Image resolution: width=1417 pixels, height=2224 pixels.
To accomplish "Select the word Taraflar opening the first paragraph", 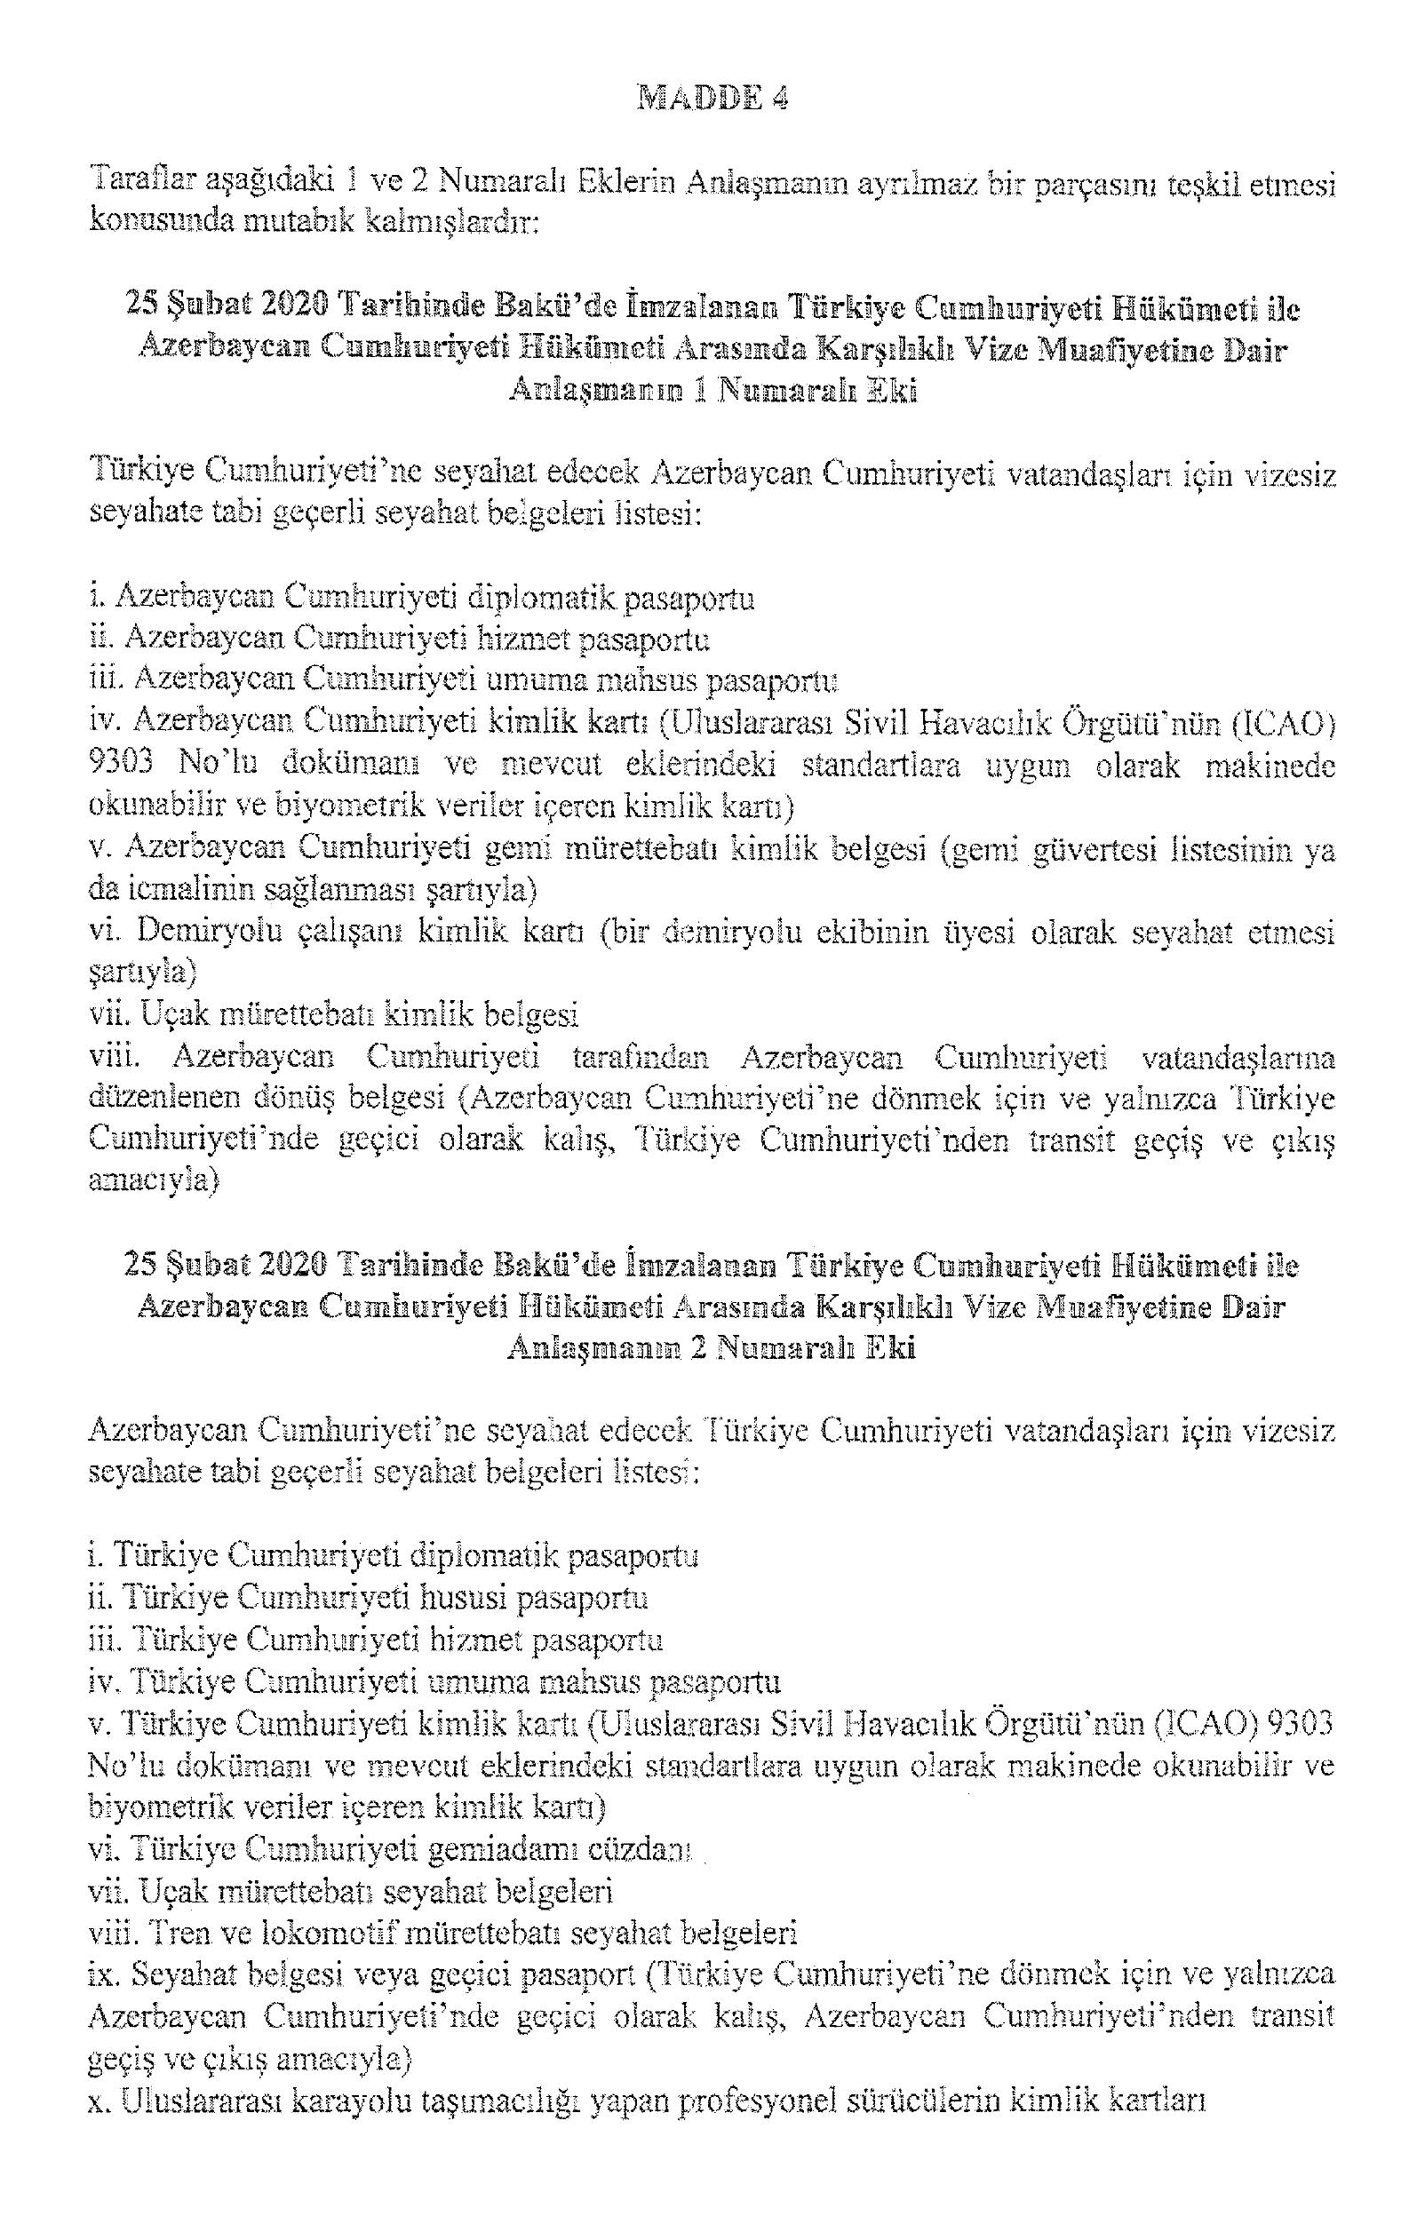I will tap(139, 184).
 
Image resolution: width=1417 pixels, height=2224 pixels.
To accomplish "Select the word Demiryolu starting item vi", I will tap(203, 933).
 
